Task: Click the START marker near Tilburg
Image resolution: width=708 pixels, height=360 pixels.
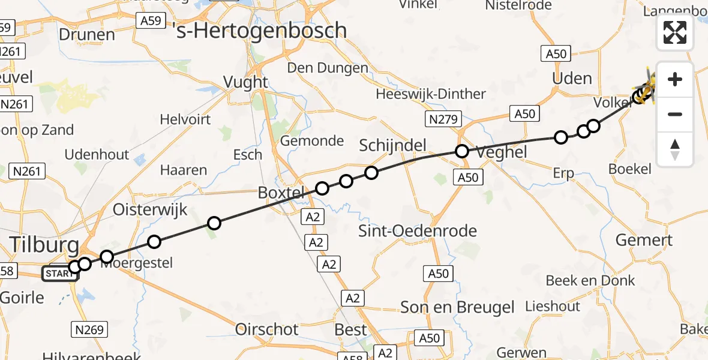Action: click(x=59, y=274)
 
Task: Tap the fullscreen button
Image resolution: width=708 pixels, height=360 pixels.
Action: click(x=675, y=32)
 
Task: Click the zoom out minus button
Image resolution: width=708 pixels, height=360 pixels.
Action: click(x=675, y=114)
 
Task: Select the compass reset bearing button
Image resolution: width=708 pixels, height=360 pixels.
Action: click(x=675, y=149)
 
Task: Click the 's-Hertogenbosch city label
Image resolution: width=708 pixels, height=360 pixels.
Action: click(x=262, y=30)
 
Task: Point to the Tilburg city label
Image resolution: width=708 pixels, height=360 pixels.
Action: click(x=44, y=245)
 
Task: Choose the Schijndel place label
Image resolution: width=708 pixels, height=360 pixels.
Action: click(x=392, y=145)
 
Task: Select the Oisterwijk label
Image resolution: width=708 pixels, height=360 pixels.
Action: click(x=151, y=210)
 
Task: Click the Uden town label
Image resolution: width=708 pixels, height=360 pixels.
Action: click(x=572, y=79)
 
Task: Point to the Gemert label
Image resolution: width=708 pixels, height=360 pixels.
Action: click(x=644, y=240)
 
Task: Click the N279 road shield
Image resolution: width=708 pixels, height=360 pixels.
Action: click(x=444, y=119)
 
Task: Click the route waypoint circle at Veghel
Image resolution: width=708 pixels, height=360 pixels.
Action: click(x=461, y=151)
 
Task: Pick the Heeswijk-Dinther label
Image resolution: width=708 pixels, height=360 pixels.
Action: click(x=430, y=94)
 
